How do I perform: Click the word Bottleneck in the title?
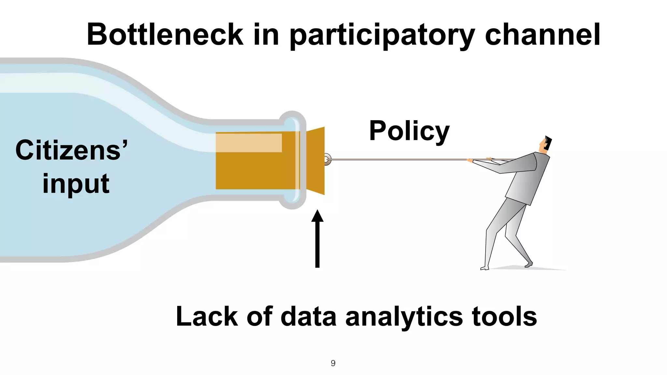click(165, 35)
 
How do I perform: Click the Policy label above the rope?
click(409, 131)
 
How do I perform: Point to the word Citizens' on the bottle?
click(72, 150)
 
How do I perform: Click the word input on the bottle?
click(76, 184)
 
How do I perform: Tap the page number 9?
click(333, 363)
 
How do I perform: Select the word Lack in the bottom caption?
click(207, 316)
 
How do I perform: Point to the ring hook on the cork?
click(327, 160)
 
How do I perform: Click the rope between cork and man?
click(397, 160)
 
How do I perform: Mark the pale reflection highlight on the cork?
click(249, 143)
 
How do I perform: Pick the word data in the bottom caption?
click(308, 316)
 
